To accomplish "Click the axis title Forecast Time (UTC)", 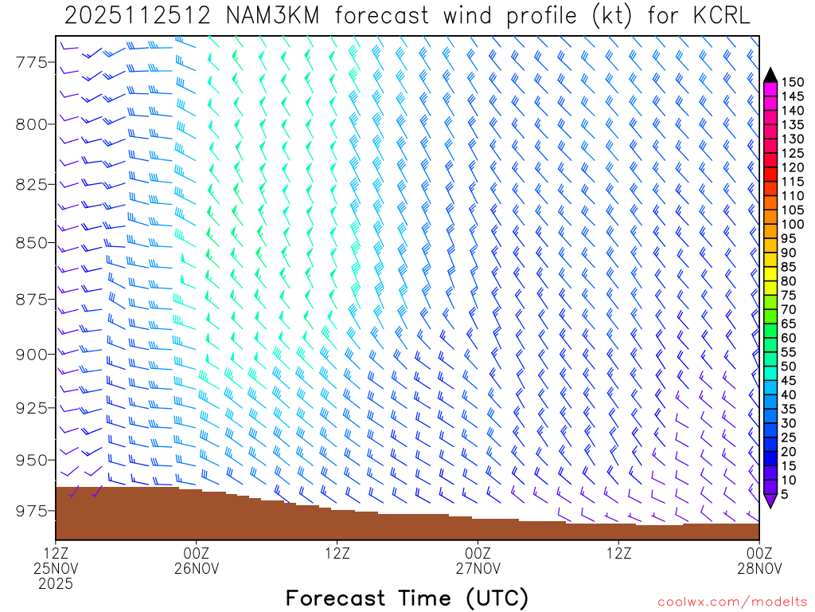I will (x=407, y=598).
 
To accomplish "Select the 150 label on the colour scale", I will (x=793, y=82).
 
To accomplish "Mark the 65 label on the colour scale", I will (x=789, y=324).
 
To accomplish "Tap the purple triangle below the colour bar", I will (x=770, y=501).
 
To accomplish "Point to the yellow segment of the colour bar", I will (x=770, y=274).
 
